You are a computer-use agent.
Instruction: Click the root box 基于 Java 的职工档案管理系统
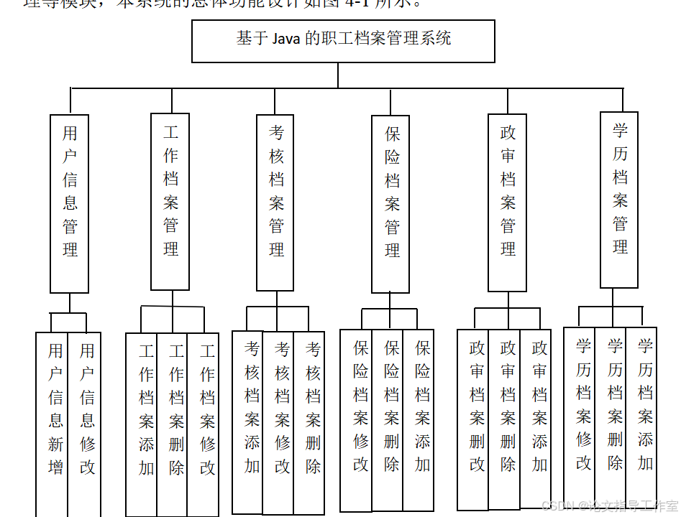click(x=343, y=41)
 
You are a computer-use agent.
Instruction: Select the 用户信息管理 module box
click(x=70, y=203)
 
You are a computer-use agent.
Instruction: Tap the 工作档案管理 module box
click(x=170, y=201)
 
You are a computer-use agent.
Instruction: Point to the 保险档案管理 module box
click(x=391, y=204)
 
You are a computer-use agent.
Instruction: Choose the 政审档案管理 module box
click(x=508, y=202)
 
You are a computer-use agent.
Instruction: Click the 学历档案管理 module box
click(x=619, y=200)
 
